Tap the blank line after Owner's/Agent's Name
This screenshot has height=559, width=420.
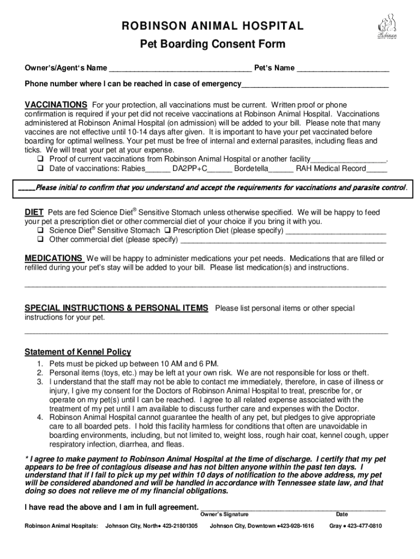coord(180,69)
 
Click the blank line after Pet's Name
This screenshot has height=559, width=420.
coord(343,69)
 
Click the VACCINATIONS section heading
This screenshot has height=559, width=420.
coord(56,104)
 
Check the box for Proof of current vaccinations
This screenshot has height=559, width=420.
coord(40,159)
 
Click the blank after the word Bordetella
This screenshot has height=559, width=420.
coord(281,170)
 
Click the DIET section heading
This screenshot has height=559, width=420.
coord(34,212)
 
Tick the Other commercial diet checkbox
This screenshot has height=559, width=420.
coord(40,240)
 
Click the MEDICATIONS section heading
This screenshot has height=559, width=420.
coord(53,258)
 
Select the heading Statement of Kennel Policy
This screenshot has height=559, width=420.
coord(78,352)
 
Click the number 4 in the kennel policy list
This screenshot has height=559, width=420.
coord(40,417)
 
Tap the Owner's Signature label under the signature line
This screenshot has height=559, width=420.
coord(224,514)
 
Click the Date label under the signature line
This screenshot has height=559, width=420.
coord(341,514)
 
